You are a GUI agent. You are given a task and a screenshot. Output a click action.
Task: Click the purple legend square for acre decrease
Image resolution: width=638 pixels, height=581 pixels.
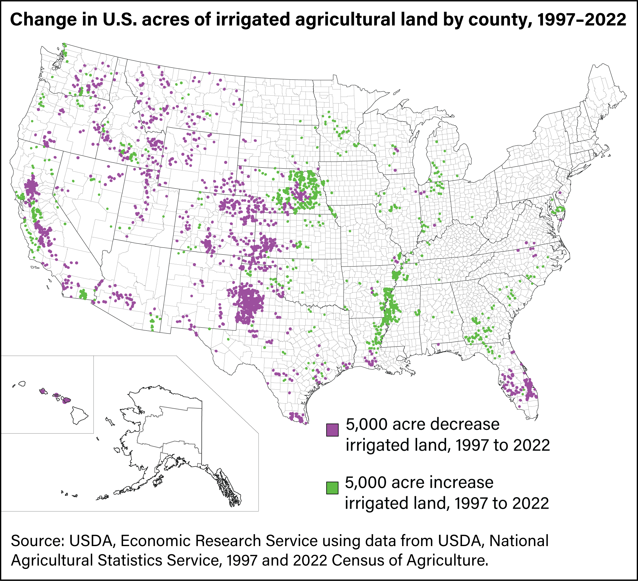tap(332, 430)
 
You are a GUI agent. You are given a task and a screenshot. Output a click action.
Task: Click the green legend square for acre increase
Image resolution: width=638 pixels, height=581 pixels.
tap(332, 488)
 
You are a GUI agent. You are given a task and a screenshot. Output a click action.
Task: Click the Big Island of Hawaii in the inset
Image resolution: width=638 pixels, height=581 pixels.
tap(78, 415)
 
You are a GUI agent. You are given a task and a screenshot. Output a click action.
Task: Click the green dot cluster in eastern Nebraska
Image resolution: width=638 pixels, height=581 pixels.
tap(304, 190)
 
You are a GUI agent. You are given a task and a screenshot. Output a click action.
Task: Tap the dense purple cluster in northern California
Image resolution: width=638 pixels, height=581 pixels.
tap(31, 187)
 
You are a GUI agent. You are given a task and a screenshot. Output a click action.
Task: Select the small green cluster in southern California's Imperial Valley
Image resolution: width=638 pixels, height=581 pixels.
tap(83, 294)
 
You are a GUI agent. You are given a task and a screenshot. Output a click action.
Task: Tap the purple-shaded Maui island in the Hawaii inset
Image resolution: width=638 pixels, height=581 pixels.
tap(66, 401)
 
